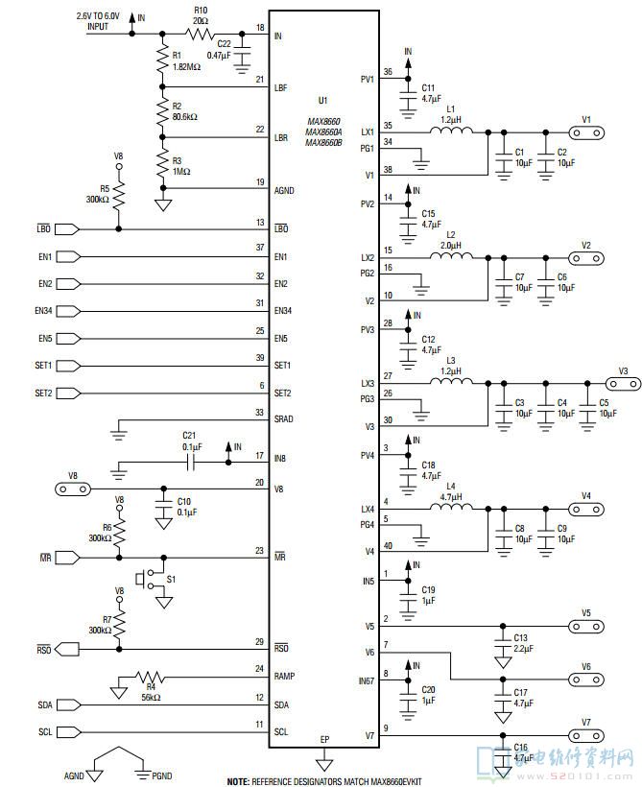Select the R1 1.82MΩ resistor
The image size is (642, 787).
click(162, 61)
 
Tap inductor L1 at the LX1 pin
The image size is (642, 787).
click(450, 131)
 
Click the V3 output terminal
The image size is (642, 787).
click(622, 383)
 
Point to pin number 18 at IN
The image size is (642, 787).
click(260, 28)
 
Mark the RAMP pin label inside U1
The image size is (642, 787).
click(285, 676)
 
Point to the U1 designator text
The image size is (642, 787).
click(322, 100)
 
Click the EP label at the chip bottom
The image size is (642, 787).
click(324, 739)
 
